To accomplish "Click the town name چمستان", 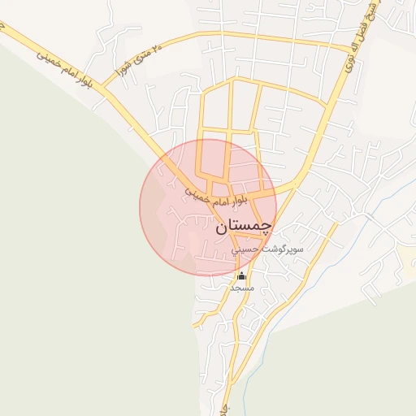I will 245,228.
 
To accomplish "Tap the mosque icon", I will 241,275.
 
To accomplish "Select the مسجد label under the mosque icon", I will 242,288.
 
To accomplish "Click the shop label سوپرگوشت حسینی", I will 268,250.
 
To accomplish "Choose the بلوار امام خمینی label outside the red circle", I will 62,67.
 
